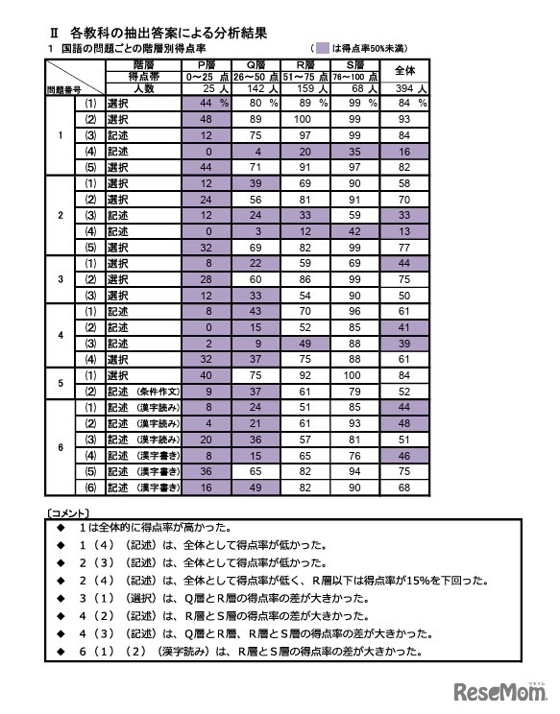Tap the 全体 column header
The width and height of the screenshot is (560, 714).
[404, 69]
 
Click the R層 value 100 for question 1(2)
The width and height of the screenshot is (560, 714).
[304, 119]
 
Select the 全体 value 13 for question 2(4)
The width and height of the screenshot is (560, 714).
[404, 231]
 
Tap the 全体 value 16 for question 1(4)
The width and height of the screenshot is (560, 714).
[404, 151]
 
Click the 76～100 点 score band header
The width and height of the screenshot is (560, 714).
[354, 76]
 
